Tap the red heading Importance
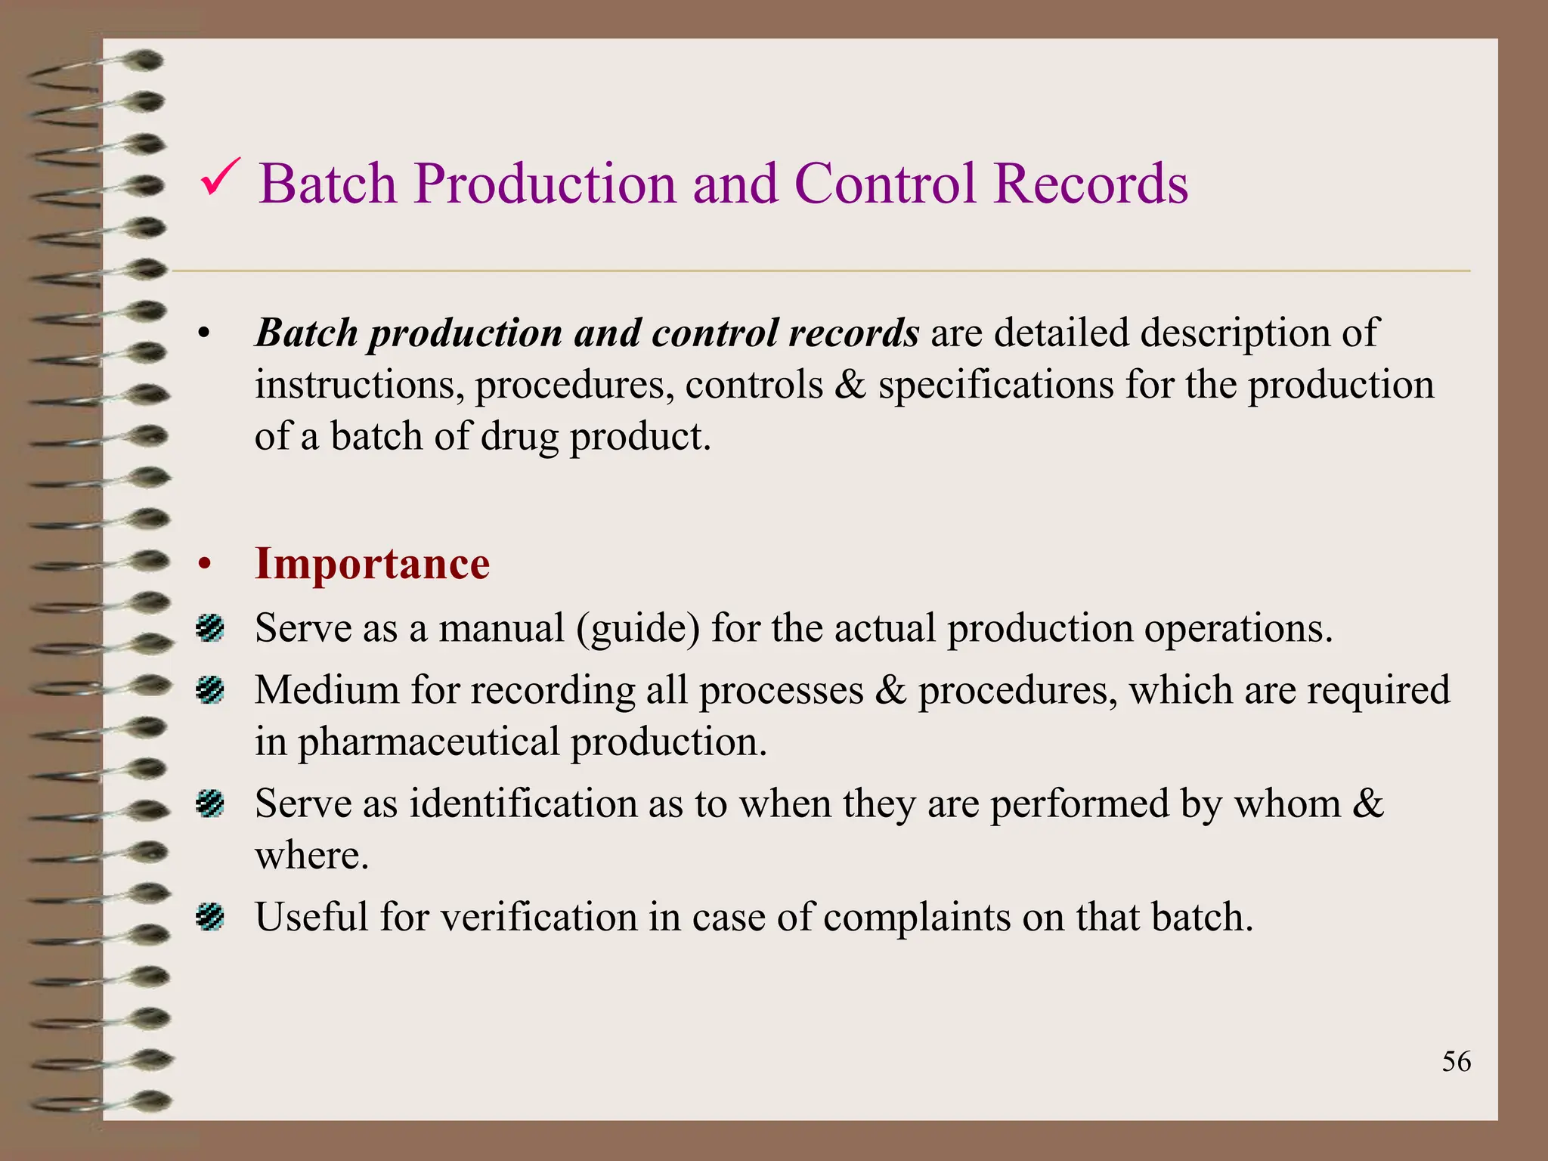pos(372,564)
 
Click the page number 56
pos(1456,1061)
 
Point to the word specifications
pos(995,385)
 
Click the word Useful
pos(311,917)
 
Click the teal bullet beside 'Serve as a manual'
pos(209,628)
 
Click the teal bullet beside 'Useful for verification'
pos(209,917)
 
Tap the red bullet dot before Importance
pos(203,565)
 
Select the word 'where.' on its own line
pos(311,856)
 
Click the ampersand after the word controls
pos(850,385)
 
